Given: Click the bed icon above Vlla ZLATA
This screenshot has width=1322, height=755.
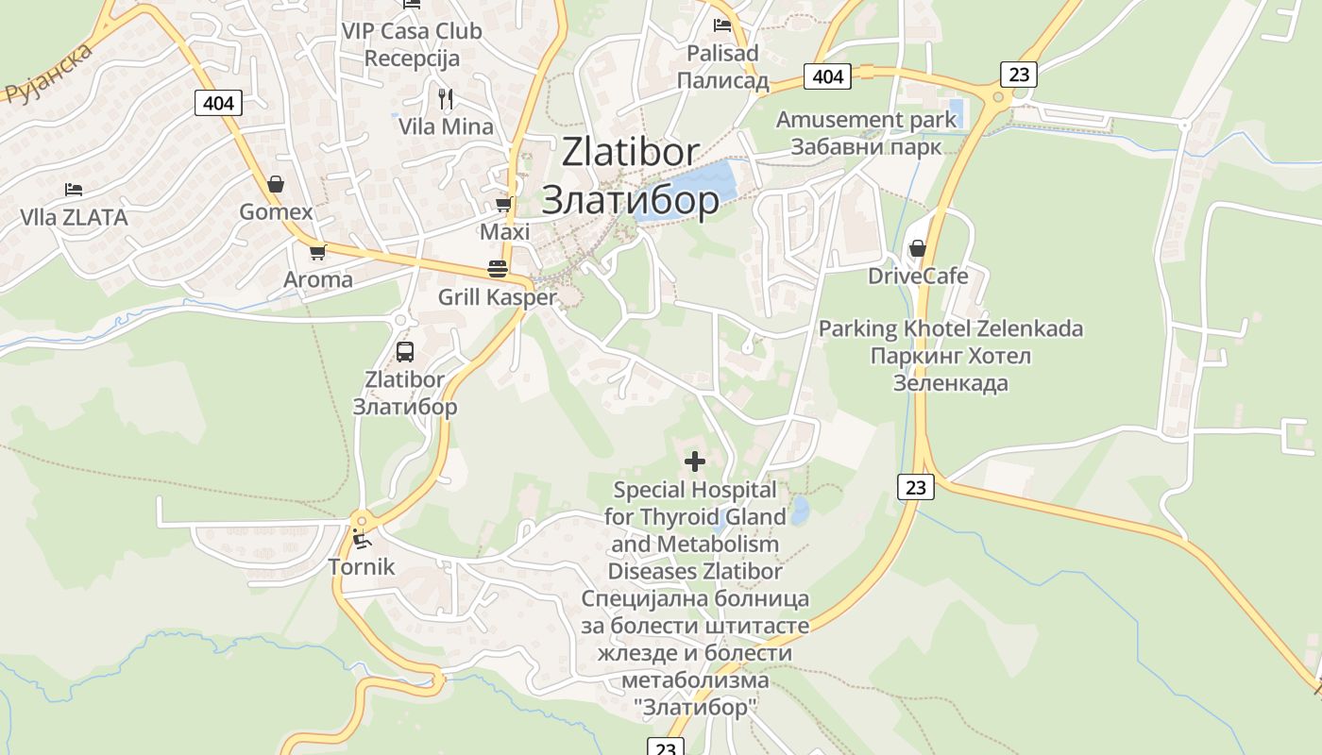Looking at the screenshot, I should coord(74,190).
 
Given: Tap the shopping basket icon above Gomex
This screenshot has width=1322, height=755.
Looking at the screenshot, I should coord(276,183).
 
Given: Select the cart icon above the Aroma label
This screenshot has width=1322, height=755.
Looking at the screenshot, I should coord(317,252).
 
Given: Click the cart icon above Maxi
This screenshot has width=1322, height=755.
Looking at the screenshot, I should coord(504,204).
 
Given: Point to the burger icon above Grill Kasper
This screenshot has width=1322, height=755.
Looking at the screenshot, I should coord(498,269).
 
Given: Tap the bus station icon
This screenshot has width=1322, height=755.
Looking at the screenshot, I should coord(405,352).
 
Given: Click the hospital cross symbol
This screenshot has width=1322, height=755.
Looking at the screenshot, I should coord(695,461).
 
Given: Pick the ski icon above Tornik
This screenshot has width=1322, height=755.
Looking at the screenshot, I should coord(361,539).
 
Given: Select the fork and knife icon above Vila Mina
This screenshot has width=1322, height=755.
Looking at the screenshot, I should coord(446,98).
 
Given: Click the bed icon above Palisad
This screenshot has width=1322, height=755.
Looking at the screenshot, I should coord(722,25).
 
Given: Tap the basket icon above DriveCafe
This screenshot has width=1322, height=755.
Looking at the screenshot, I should coord(917,248).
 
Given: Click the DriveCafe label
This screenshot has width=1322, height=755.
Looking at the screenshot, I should coord(918,276).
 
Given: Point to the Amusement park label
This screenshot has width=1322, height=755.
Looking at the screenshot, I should coord(866,133).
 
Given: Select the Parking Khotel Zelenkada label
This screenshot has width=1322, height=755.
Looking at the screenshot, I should coord(950,356).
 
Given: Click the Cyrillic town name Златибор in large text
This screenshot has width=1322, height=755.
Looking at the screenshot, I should coord(630,200).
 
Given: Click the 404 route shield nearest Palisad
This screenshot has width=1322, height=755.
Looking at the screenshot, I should coord(827,75).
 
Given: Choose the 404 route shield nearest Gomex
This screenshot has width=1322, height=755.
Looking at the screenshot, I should coord(218,102).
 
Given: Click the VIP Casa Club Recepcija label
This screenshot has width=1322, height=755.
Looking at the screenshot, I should coord(412,44).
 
